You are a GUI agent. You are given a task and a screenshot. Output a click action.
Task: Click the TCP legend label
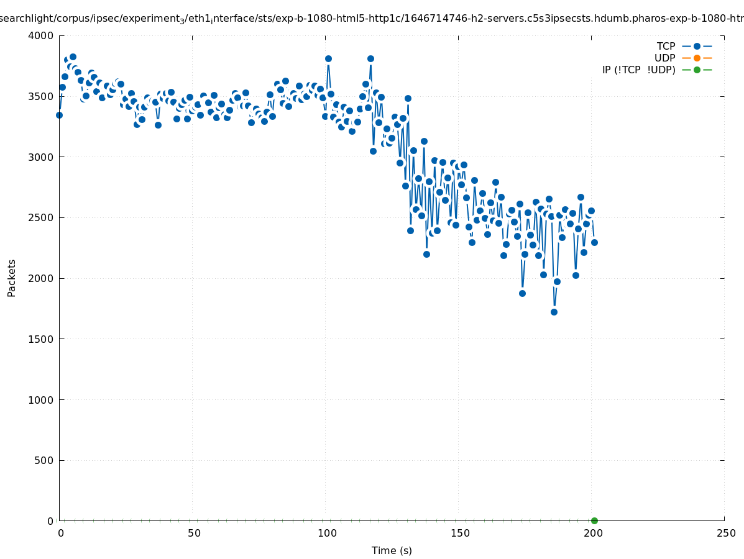(x=666, y=46)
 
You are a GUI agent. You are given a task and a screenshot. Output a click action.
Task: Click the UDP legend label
(x=664, y=58)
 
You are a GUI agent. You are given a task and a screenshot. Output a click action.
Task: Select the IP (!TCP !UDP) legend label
(x=638, y=70)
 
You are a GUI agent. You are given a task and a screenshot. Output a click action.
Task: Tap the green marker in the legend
(x=697, y=70)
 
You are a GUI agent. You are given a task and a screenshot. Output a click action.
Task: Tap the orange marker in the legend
(x=697, y=58)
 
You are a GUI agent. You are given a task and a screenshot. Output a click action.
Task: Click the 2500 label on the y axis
(x=42, y=217)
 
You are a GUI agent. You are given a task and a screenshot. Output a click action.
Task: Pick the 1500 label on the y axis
(x=42, y=339)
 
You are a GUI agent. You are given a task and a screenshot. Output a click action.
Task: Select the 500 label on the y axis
(x=44, y=460)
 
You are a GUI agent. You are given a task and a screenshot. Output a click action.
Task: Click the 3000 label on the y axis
(x=42, y=157)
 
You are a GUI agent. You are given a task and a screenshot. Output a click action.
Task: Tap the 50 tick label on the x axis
(x=194, y=533)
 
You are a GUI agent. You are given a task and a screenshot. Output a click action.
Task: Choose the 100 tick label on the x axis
(x=327, y=533)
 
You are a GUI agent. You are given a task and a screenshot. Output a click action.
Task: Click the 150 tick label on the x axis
(x=460, y=533)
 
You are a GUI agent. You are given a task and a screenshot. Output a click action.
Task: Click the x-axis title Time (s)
(x=392, y=550)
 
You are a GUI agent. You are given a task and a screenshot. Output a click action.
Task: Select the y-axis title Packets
(x=12, y=278)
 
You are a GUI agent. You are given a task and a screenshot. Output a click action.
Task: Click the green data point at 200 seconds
(x=594, y=520)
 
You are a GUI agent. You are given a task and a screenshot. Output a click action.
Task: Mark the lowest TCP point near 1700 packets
(x=554, y=312)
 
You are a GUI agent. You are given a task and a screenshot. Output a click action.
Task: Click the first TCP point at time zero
(x=59, y=115)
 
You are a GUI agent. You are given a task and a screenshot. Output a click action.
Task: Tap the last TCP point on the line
(x=594, y=242)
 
